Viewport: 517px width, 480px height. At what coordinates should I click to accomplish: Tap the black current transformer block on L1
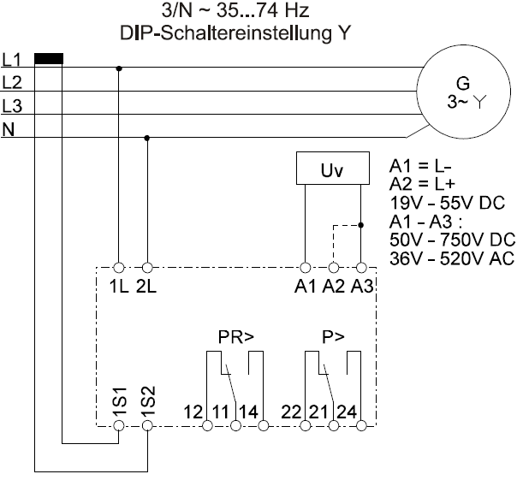click(x=48, y=59)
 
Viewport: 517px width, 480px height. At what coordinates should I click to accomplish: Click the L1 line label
click(x=11, y=60)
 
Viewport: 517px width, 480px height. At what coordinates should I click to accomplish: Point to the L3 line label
click(x=11, y=106)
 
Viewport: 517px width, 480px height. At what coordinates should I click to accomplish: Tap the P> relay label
click(x=333, y=337)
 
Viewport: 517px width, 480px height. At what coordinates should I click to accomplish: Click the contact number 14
click(x=247, y=411)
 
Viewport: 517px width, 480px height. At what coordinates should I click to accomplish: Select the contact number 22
click(x=291, y=411)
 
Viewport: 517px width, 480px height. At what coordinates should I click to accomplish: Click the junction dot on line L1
click(x=119, y=68)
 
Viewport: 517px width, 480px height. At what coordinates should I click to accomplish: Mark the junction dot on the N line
click(x=147, y=137)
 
